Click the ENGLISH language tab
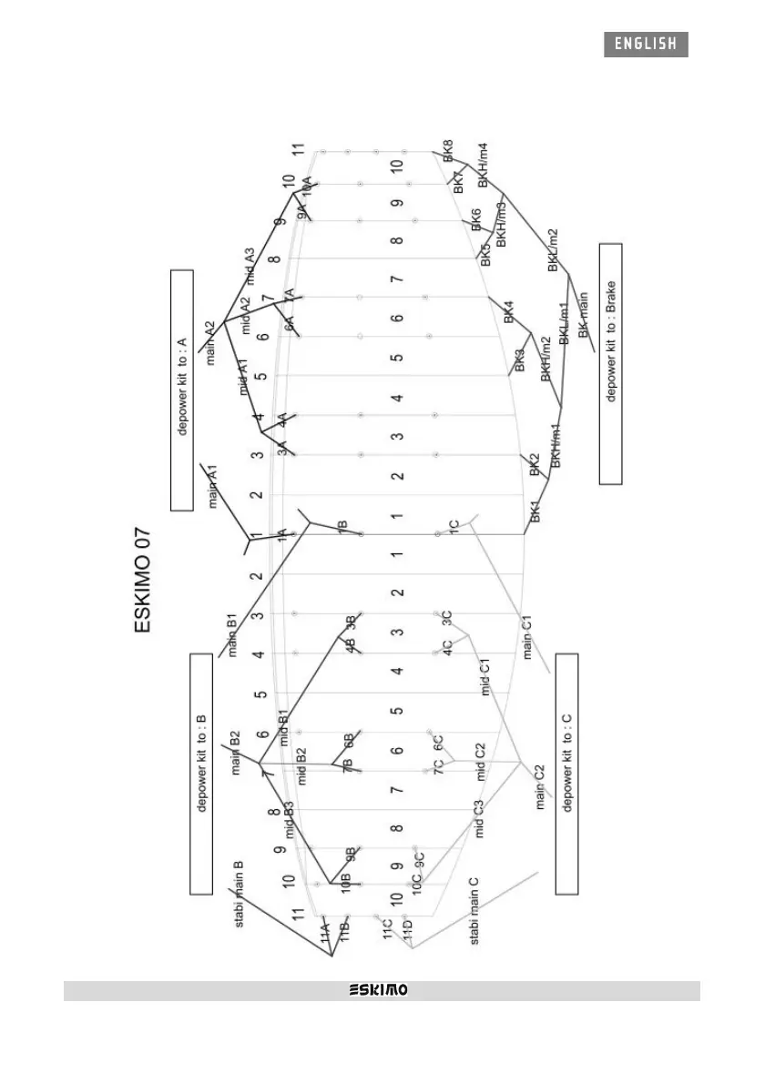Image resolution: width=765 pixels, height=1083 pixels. (x=645, y=44)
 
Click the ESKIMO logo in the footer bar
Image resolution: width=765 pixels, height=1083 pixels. (x=380, y=990)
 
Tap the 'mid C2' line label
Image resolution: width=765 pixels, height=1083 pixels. (x=482, y=762)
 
